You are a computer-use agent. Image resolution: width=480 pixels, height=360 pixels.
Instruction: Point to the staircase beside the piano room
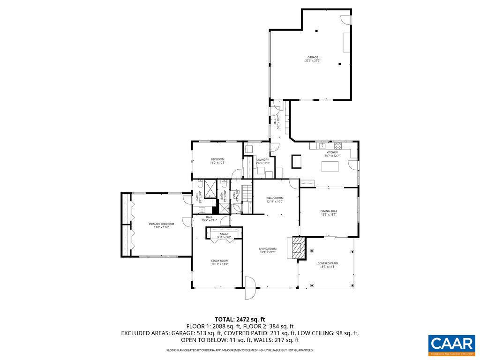pyautogui.click(x=247, y=192)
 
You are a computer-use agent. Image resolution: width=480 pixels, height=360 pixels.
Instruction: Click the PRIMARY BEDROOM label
pyautogui.click(x=161, y=225)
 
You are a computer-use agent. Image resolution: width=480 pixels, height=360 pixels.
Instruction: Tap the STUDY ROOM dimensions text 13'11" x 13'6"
pyautogui.click(x=219, y=264)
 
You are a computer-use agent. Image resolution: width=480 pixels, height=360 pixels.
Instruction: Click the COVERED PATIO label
pyautogui.click(x=328, y=263)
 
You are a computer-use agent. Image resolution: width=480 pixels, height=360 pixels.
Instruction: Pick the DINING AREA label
pyautogui.click(x=329, y=211)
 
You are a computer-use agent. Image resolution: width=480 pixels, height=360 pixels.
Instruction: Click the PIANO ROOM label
pyautogui.click(x=275, y=198)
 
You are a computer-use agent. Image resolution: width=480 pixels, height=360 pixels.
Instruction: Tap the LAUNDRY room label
pyautogui.click(x=262, y=160)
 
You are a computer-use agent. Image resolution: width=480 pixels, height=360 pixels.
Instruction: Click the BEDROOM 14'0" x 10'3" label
pyautogui.click(x=217, y=159)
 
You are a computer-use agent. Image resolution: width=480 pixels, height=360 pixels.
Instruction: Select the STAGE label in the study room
pyautogui.click(x=224, y=234)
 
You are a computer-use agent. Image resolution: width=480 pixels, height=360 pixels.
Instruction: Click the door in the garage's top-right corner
pyautogui.click(x=346, y=19)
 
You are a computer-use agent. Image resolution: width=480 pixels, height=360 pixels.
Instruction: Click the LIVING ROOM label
pyautogui.click(x=268, y=249)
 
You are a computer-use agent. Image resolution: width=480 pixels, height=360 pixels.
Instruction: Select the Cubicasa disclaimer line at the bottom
pyautogui.click(x=240, y=350)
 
